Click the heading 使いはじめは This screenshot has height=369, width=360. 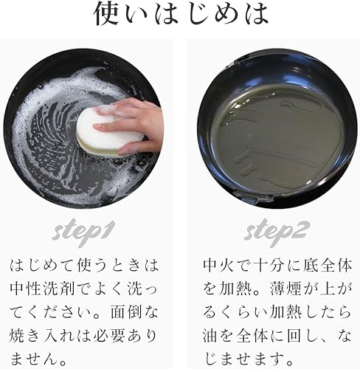tap(179, 15)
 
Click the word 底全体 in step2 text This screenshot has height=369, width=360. tap(317, 263)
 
